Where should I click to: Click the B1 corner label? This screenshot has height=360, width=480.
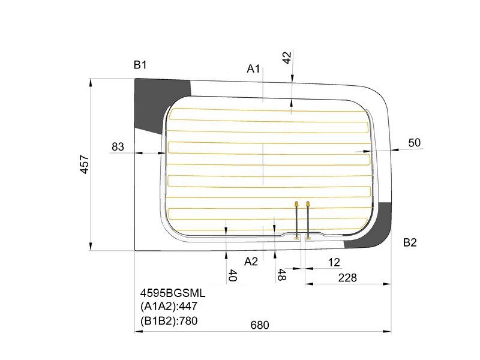pos(140,65)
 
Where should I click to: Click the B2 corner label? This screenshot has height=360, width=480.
pos(410,242)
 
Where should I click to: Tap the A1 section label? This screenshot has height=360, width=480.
pos(253,69)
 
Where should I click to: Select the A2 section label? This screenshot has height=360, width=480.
pos(251,262)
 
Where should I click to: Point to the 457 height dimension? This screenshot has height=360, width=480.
pos(84,164)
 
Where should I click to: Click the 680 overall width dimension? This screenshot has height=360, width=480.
pos(260,325)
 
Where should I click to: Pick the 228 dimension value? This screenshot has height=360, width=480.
pos(347,278)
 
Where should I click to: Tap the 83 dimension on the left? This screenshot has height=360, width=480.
pos(118,147)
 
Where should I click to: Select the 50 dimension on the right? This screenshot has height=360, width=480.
pos(415,143)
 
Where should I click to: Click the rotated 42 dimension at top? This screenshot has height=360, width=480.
pos(287,58)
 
